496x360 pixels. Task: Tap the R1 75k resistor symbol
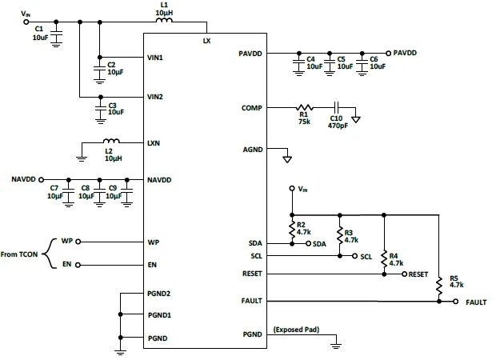point(304,106)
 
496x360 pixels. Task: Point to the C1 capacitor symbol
point(56,38)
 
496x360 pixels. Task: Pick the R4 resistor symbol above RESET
point(385,258)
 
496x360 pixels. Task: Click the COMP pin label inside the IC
point(251,107)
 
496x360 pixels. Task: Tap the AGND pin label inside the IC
point(251,148)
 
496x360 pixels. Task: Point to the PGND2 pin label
point(160,294)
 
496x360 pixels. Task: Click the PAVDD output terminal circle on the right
point(388,53)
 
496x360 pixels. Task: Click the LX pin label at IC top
point(207,39)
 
